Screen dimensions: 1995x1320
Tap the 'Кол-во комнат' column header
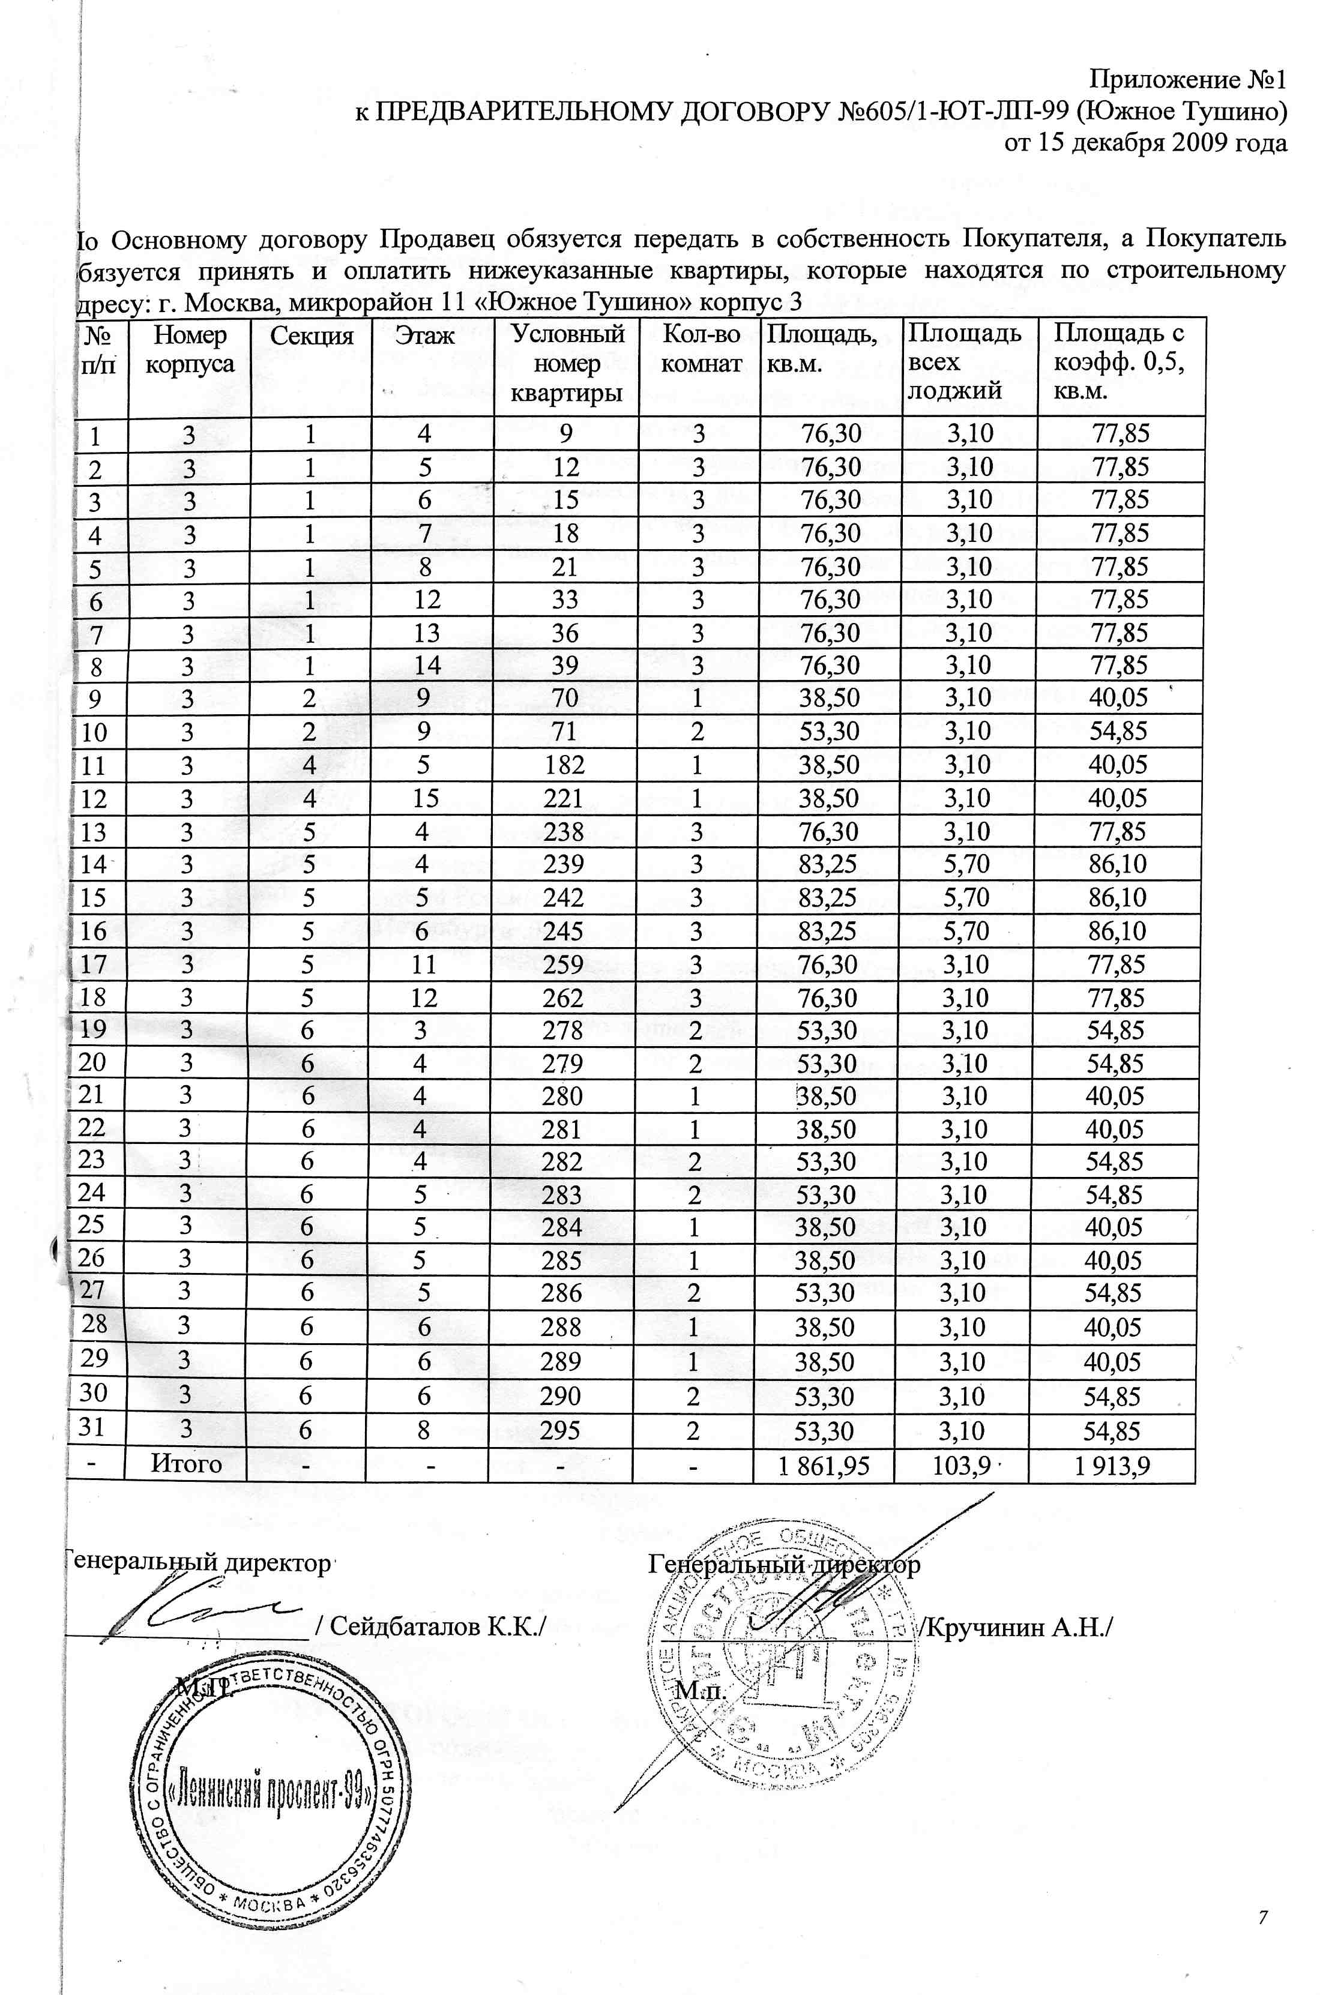(701, 349)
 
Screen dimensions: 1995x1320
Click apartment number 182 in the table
(564, 765)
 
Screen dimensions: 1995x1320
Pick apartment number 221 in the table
(564, 798)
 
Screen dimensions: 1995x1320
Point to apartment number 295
(561, 1431)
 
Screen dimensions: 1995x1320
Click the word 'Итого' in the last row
(186, 1464)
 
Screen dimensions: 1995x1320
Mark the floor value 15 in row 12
(426, 798)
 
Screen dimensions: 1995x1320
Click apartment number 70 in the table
(565, 699)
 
